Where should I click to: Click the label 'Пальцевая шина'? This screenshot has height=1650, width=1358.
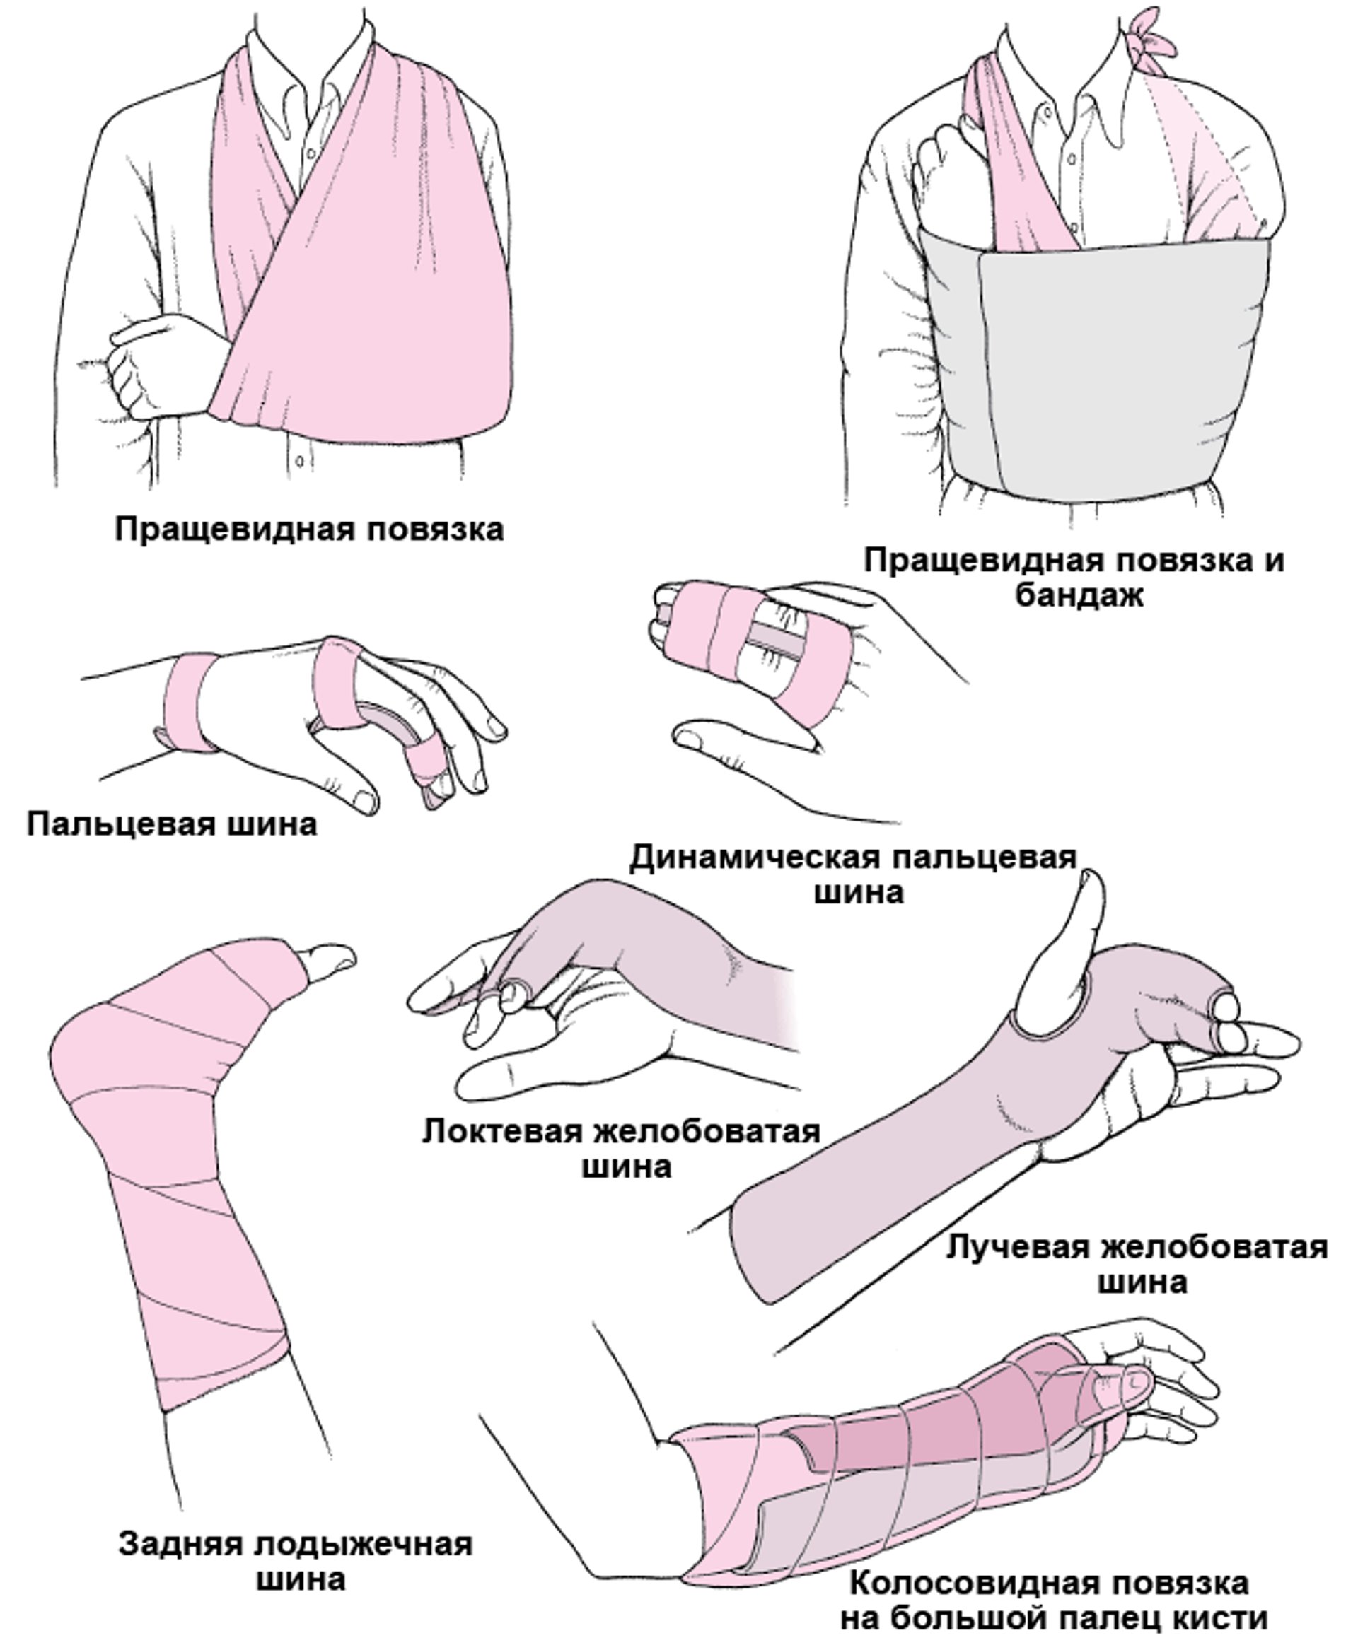[x=172, y=824]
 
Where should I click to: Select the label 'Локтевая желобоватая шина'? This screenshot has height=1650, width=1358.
[x=622, y=1148]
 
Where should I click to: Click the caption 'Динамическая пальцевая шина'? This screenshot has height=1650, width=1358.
[x=854, y=875]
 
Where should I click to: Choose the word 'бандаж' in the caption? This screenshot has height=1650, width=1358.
[x=1079, y=596]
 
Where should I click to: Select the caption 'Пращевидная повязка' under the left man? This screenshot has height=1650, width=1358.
[x=310, y=529]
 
